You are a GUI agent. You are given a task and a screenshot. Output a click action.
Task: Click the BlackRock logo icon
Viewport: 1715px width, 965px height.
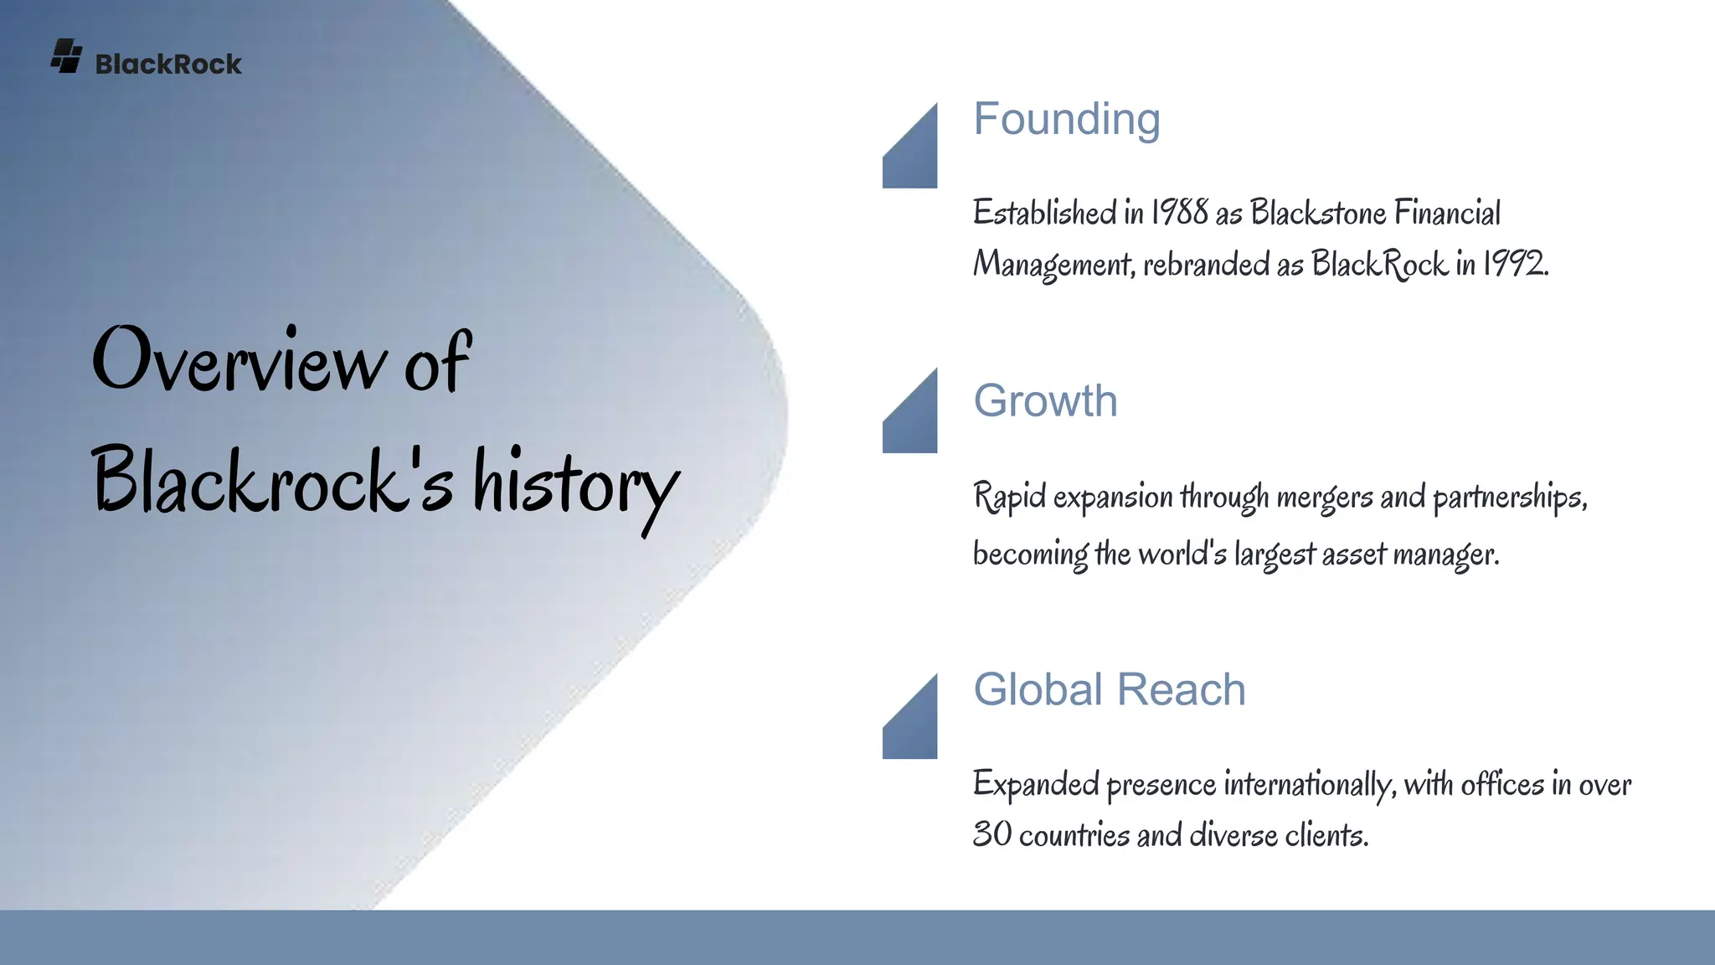[x=66, y=56]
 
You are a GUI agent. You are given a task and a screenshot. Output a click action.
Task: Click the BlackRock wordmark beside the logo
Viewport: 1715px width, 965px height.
[x=168, y=65]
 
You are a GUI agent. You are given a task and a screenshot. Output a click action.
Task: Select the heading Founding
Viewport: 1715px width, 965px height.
[x=1066, y=119]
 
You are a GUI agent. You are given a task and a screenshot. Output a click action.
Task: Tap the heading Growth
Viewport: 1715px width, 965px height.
[x=1045, y=400]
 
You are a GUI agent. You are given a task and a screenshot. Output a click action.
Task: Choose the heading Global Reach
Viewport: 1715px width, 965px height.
[x=1109, y=689]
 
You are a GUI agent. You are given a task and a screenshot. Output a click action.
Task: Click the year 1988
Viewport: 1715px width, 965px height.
[x=1179, y=213]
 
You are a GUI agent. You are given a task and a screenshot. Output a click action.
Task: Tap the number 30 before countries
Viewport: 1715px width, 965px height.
[x=991, y=834]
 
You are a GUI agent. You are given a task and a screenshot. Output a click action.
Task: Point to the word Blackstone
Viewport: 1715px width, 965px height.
[x=1317, y=213]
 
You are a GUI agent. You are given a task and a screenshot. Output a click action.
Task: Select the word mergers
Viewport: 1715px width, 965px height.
[x=1324, y=498]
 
